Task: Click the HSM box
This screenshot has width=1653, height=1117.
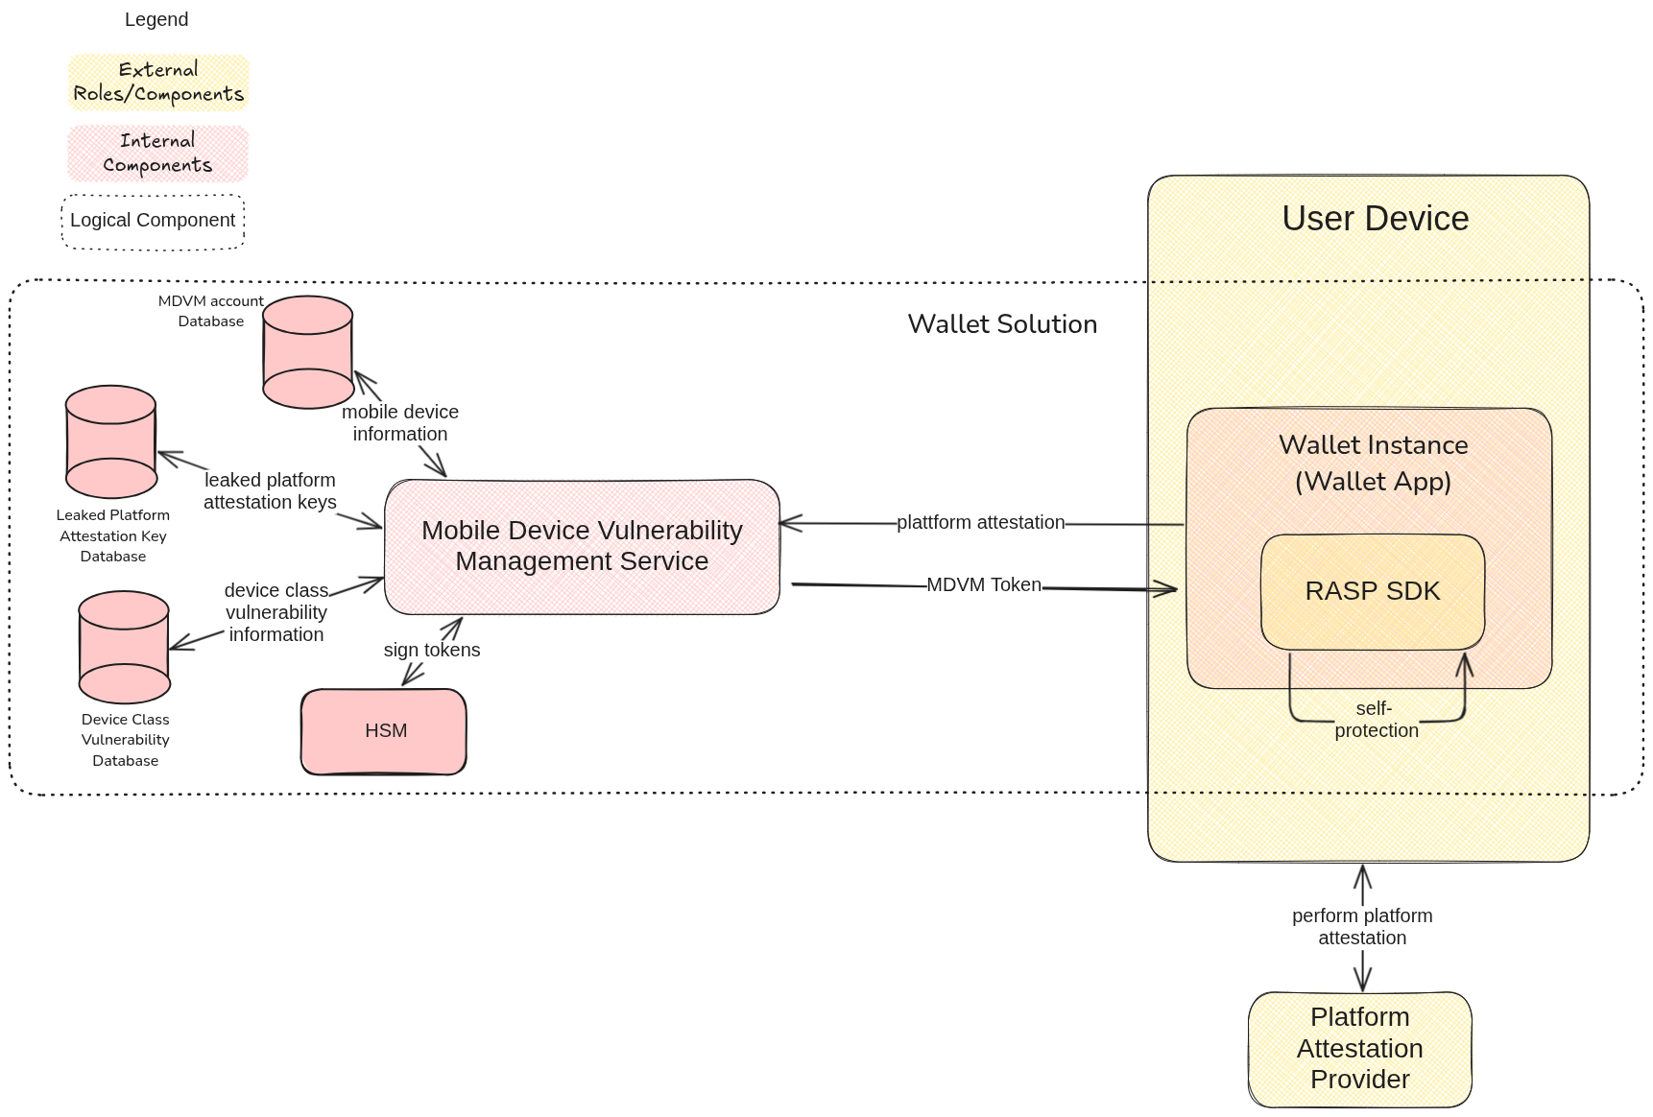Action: [x=384, y=731]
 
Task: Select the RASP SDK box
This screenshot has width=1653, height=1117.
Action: [x=1373, y=591]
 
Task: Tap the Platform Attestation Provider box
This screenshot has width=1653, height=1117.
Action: [x=1359, y=1049]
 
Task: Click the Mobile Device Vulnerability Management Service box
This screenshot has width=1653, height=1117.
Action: [x=582, y=546]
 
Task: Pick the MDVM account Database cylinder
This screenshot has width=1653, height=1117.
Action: [x=308, y=352]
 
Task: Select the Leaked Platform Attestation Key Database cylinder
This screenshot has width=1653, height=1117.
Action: [x=111, y=442]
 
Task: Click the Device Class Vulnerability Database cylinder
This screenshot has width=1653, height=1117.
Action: [x=124, y=648]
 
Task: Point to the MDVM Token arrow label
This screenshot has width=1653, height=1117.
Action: [x=984, y=584]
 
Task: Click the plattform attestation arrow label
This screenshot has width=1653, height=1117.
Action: [x=980, y=523]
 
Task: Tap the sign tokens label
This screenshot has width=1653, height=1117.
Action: [x=432, y=650]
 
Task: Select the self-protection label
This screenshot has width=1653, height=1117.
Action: [x=1376, y=720]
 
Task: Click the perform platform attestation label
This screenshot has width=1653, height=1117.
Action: [x=1362, y=927]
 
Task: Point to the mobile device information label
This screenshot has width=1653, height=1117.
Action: [x=400, y=423]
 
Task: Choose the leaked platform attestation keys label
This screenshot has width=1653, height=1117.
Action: [x=270, y=491]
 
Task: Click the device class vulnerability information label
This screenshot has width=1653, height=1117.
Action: [x=276, y=612]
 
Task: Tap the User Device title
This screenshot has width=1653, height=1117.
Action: [x=1375, y=219]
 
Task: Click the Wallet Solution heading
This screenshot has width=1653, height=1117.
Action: [x=1002, y=324]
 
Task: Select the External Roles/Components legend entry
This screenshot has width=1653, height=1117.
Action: [x=158, y=83]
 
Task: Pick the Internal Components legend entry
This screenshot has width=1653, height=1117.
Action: [x=158, y=154]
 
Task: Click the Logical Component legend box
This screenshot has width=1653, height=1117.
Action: [x=153, y=222]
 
